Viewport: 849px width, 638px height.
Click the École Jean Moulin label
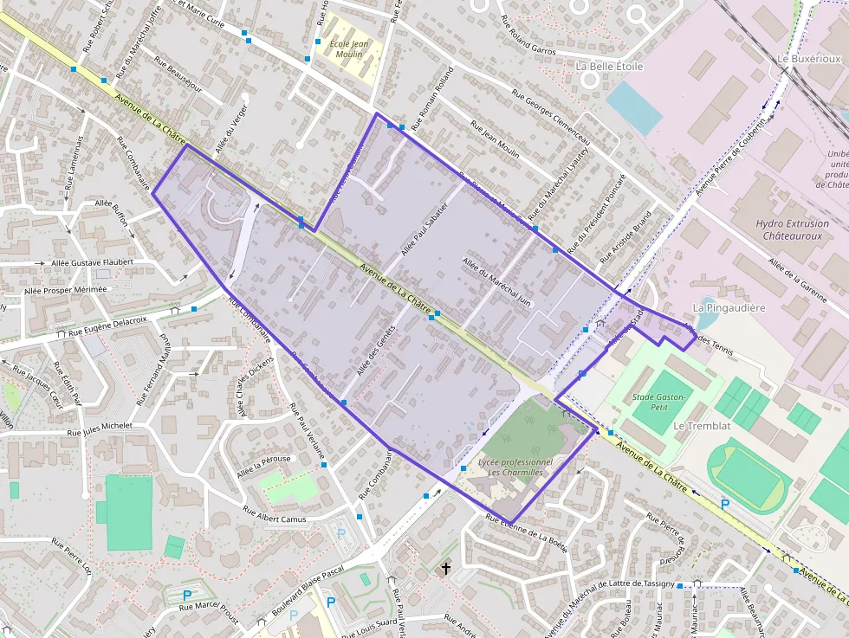350,49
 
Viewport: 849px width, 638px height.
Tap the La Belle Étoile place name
610,66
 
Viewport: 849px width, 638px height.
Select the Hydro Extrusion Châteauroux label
793,229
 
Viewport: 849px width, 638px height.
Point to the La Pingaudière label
729,307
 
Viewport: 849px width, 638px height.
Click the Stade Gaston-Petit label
659,402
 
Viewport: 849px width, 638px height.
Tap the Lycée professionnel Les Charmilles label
515,468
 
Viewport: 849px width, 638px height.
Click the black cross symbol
446,569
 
